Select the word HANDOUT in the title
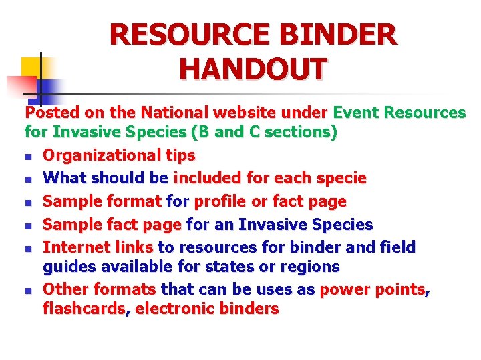253,69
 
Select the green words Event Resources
399,113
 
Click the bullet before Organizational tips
28,157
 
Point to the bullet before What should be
28,179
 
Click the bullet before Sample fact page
28,225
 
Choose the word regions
313,267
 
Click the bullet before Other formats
28,291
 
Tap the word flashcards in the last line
84,309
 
